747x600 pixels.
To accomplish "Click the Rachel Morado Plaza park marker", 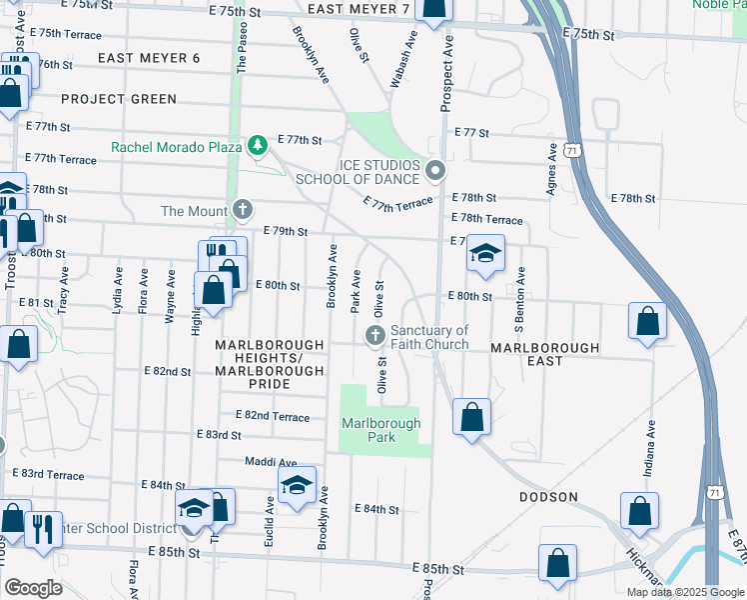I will click(x=258, y=146).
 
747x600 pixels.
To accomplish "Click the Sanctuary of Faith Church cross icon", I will click(x=376, y=336).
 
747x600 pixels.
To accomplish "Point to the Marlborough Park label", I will click(x=381, y=430).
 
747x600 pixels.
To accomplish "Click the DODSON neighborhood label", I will click(x=548, y=497).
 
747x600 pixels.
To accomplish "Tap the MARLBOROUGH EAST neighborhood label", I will click(x=544, y=348).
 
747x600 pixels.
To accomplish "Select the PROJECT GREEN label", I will click(x=119, y=99).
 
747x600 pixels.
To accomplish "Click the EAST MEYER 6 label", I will click(x=150, y=58).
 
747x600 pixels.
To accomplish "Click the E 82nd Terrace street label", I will click(x=273, y=415).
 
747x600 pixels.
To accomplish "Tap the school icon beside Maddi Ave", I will click(x=297, y=486).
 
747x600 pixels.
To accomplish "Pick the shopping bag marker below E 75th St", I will click(x=434, y=9).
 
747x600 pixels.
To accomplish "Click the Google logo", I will click(x=33, y=588).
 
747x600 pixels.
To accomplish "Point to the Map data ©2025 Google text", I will click(x=684, y=592).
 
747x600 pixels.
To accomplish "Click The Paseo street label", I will click(x=241, y=49).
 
